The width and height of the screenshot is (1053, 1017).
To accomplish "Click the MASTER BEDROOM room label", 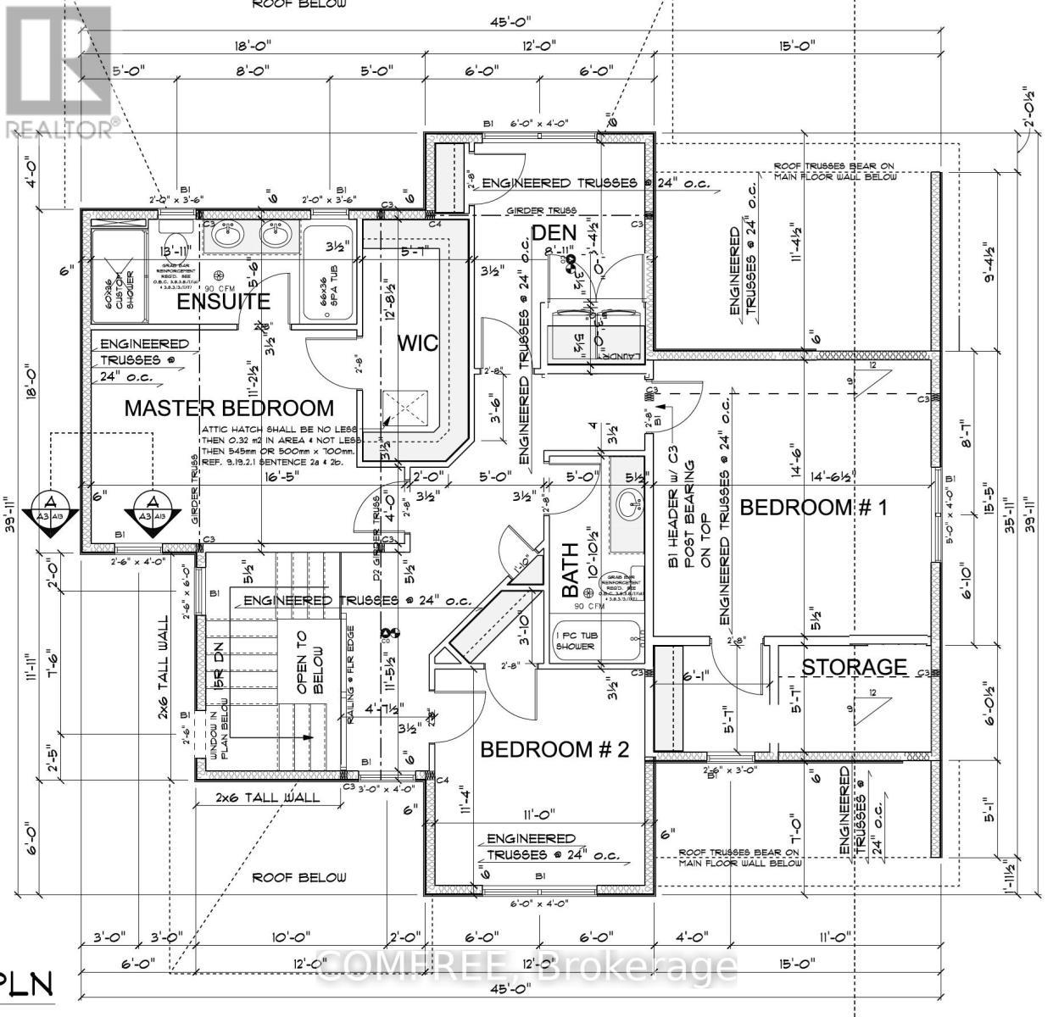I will coord(229,408).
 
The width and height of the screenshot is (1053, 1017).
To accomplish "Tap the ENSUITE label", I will coord(224,301).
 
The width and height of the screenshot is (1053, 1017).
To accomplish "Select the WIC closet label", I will coord(419,342).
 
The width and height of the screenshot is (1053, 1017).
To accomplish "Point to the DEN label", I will coord(554,232).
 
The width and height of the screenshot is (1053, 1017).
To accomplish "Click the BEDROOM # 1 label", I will coord(813,507).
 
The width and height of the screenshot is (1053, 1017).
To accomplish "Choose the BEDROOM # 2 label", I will coord(554,749).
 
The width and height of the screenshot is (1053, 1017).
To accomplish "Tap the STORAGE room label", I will coord(854,667).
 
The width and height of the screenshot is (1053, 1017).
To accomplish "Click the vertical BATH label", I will coord(571,570).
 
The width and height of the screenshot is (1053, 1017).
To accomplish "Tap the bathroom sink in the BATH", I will coord(629,508).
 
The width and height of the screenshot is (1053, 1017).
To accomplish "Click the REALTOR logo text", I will coord(61,128).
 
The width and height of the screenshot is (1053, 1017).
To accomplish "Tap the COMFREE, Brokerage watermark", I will coord(526,965).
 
